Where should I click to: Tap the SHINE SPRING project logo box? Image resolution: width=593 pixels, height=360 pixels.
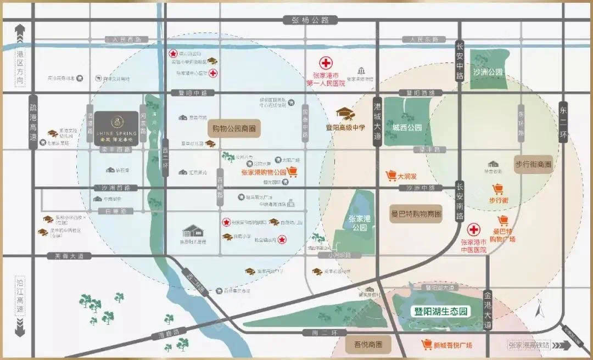coord(116,128)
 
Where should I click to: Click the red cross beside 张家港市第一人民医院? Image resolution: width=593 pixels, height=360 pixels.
coord(327,63)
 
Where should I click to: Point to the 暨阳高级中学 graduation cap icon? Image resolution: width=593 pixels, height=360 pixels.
coord(345,113)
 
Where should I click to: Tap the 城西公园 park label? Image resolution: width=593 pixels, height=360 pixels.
coord(407,127)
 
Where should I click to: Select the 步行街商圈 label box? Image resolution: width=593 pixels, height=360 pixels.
coord(533,164)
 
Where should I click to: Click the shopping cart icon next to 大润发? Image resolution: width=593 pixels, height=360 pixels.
coord(391,176)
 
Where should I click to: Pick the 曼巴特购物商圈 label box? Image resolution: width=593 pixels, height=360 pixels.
coord(416,214)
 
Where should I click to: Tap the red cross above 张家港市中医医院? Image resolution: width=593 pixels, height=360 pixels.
coord(473,229)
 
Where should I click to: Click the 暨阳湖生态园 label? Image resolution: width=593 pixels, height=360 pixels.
coord(441,311)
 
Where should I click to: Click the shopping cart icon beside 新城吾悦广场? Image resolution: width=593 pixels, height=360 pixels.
coord(426,345)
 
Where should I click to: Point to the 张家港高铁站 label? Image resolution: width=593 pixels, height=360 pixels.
coord(528,345)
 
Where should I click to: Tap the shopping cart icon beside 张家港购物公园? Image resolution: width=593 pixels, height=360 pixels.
coord(292,172)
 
